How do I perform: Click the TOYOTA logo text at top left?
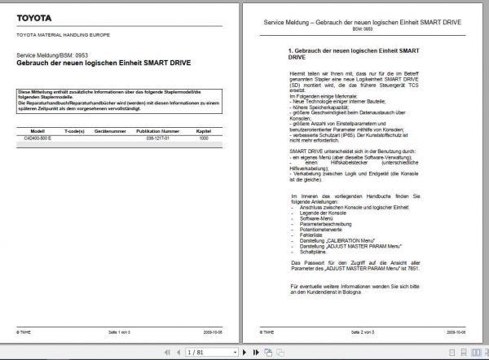(33, 18)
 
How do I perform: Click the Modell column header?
(37, 130)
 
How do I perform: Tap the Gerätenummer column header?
(110, 130)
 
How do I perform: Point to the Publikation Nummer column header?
(158, 130)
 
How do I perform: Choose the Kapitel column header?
(204, 130)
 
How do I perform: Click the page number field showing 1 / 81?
(200, 353)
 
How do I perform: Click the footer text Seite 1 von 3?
(121, 332)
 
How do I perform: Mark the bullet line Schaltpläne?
(312, 252)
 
